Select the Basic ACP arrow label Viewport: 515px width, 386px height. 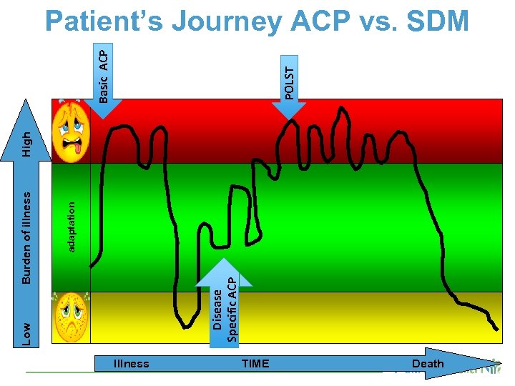click(104, 74)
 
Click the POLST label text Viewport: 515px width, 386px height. click(289, 82)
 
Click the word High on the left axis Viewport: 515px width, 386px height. click(26, 143)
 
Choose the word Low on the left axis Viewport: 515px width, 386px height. click(26, 333)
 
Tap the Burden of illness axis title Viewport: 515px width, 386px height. click(26, 236)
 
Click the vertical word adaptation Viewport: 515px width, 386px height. click(72, 226)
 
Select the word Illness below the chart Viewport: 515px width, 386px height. click(132, 364)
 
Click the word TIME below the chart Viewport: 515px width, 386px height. click(255, 364)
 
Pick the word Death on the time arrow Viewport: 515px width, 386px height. click(428, 364)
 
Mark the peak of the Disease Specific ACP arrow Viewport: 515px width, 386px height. click(225, 259)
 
